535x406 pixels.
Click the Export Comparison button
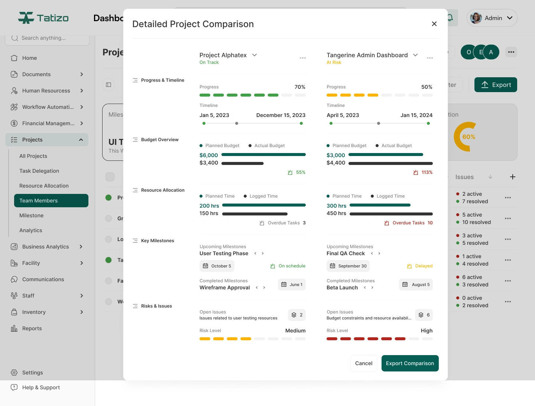(x=410, y=363)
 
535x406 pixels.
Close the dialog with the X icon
(x=434, y=24)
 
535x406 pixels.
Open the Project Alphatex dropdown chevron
(x=254, y=55)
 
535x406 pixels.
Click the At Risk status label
(x=334, y=62)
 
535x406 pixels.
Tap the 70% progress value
(x=300, y=87)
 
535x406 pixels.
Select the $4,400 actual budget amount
(x=336, y=163)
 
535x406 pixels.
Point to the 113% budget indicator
(x=427, y=172)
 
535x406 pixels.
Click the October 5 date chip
(x=217, y=266)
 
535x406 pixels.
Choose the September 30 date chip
(x=348, y=266)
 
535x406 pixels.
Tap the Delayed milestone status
(x=424, y=266)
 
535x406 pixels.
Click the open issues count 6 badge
(x=424, y=315)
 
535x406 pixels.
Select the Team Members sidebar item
(x=51, y=201)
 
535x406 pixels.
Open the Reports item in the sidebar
(x=32, y=328)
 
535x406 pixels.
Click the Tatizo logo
(x=43, y=18)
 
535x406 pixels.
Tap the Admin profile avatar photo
(x=476, y=18)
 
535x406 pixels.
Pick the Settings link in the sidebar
(x=32, y=373)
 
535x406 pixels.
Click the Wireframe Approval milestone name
(x=224, y=288)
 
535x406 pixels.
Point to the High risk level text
(x=427, y=331)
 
